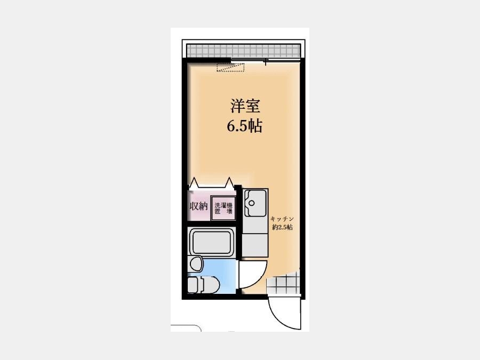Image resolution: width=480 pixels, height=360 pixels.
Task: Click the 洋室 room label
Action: tap(245, 106)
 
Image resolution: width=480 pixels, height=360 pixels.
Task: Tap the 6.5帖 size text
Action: tap(244, 125)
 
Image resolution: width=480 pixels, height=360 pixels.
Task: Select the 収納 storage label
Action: tap(199, 206)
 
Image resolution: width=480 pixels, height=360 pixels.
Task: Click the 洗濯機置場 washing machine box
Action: tap(223, 208)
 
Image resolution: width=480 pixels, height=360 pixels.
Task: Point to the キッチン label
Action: tap(282, 219)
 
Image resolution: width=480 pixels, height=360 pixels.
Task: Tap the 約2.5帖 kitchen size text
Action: tap(282, 227)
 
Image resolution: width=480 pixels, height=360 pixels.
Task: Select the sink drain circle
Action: tap(252, 203)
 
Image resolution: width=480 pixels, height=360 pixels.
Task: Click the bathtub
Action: tap(212, 242)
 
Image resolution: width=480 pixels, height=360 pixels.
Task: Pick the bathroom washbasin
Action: tap(196, 263)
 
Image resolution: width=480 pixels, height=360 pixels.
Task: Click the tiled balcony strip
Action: tap(243, 51)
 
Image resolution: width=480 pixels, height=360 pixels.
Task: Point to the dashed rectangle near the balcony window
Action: tap(230, 67)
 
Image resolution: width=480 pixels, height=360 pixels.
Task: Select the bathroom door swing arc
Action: tap(259, 279)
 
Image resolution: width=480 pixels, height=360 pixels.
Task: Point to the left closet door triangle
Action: tap(194, 183)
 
